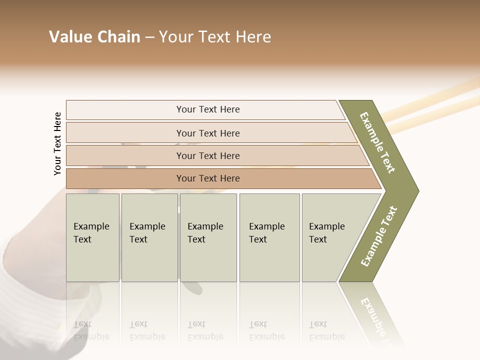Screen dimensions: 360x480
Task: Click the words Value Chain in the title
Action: tap(94, 37)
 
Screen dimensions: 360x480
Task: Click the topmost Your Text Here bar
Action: tap(207, 109)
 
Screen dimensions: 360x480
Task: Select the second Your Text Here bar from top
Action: tap(207, 133)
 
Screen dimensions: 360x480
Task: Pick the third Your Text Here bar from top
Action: tap(207, 155)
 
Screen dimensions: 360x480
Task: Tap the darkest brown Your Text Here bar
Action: tap(207, 178)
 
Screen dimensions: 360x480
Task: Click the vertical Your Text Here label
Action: tap(57, 143)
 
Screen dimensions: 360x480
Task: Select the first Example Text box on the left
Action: tap(92, 237)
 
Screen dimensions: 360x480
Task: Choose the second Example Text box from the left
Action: tap(149, 237)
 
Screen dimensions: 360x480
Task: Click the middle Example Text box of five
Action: tap(208, 237)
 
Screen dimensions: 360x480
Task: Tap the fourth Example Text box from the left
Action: tap(269, 237)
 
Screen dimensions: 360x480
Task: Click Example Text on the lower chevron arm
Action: tap(379, 236)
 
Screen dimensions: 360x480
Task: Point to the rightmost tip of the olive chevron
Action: tap(417, 190)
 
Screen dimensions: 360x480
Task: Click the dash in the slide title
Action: tap(149, 37)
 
